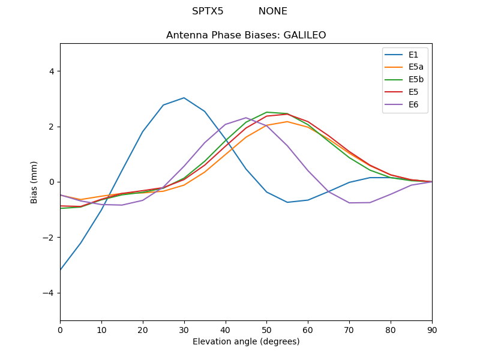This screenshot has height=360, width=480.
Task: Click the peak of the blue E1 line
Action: point(184,98)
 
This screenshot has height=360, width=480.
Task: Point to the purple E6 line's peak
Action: point(246,118)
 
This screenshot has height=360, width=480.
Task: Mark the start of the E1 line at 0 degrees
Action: point(60,270)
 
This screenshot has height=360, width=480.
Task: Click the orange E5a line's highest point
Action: point(287,122)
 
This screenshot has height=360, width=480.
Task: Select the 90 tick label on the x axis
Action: point(432,329)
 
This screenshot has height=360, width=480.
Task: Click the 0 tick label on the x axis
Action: point(60,329)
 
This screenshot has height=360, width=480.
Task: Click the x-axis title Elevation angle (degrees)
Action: point(246,342)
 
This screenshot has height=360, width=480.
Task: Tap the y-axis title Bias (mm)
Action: point(35,182)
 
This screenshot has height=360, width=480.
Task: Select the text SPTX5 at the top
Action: point(208,11)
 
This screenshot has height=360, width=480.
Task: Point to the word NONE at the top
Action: point(273,11)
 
